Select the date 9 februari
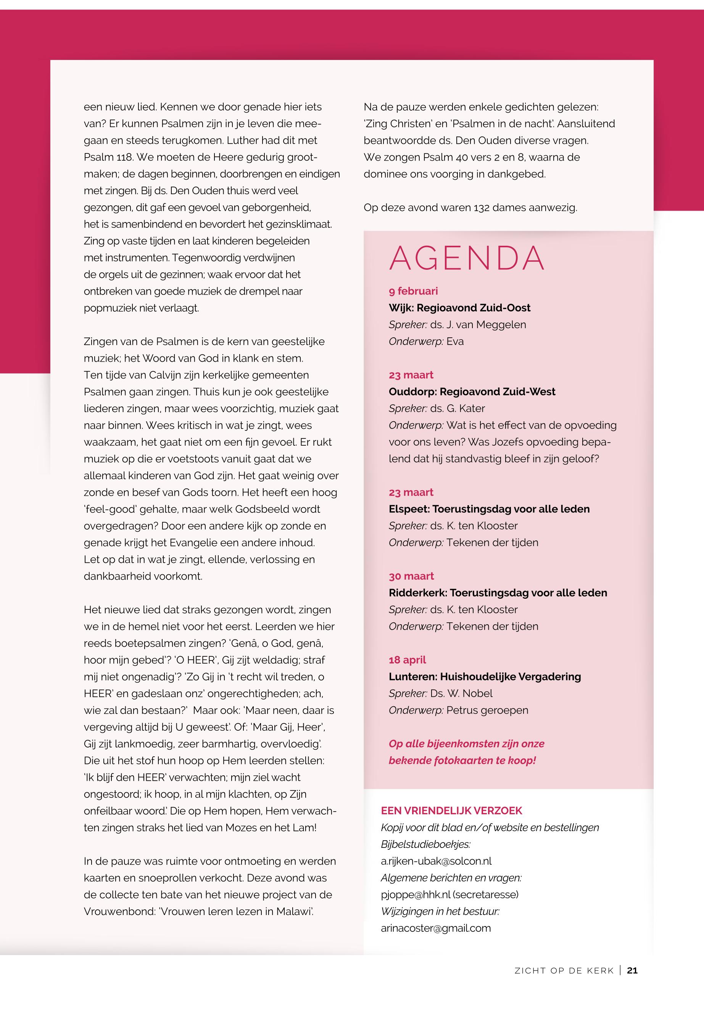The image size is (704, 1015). click(x=413, y=291)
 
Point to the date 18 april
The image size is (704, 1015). click(x=407, y=660)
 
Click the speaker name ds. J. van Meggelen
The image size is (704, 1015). click(x=478, y=325)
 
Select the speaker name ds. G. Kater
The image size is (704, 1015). click(x=458, y=408)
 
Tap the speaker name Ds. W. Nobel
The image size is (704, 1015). click(x=461, y=693)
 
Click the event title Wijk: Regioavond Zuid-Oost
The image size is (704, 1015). click(x=459, y=308)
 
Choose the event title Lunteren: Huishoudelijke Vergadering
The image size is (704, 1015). click(x=484, y=677)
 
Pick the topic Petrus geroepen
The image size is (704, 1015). click(x=487, y=710)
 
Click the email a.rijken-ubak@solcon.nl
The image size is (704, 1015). click(x=436, y=861)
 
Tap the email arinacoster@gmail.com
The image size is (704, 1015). click(x=435, y=928)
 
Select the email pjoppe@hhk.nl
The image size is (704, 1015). click(x=416, y=894)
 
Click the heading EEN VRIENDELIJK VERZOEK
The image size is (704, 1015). click(x=451, y=811)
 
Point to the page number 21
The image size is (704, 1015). click(x=632, y=970)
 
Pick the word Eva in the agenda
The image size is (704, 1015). click(x=455, y=342)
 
